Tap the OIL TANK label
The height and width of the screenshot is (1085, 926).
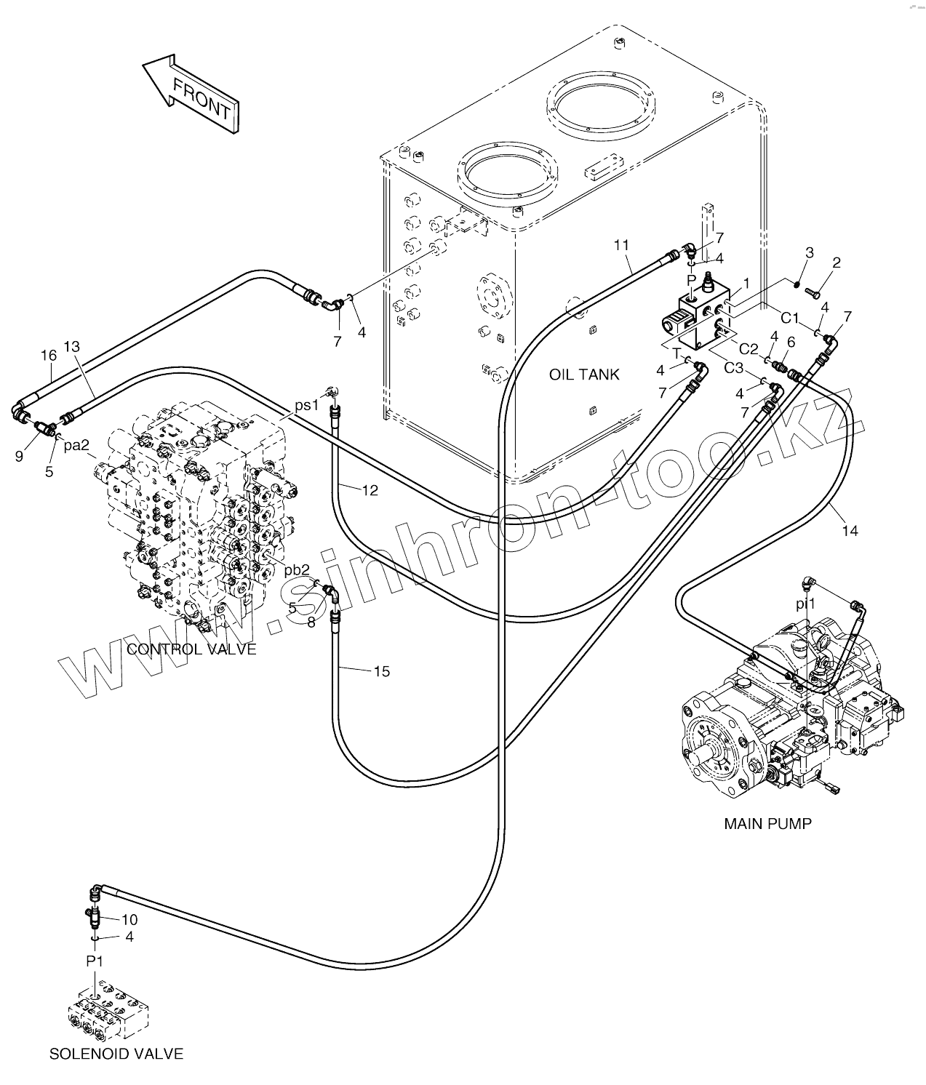coord(584,375)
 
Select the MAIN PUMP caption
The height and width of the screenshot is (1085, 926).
coord(767,824)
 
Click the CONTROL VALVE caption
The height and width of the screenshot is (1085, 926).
coord(191,649)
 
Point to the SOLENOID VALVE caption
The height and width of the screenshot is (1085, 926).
coord(116,1054)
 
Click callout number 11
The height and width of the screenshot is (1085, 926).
coord(620,245)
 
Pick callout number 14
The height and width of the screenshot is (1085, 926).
coord(850,531)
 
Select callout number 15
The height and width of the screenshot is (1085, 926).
coord(382,671)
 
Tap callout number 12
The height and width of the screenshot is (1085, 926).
coord(370,491)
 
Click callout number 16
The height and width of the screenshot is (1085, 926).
coord(48,356)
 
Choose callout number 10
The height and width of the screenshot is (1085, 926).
coord(129,920)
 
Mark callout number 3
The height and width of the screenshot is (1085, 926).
coord(810,252)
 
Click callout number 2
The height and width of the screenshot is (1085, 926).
coord(837,263)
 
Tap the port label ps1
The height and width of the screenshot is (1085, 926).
coord(306,405)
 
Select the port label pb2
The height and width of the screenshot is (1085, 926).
coord(297,569)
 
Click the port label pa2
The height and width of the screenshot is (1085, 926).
coord(76,445)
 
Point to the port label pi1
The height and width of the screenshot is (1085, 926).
coord(805,604)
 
